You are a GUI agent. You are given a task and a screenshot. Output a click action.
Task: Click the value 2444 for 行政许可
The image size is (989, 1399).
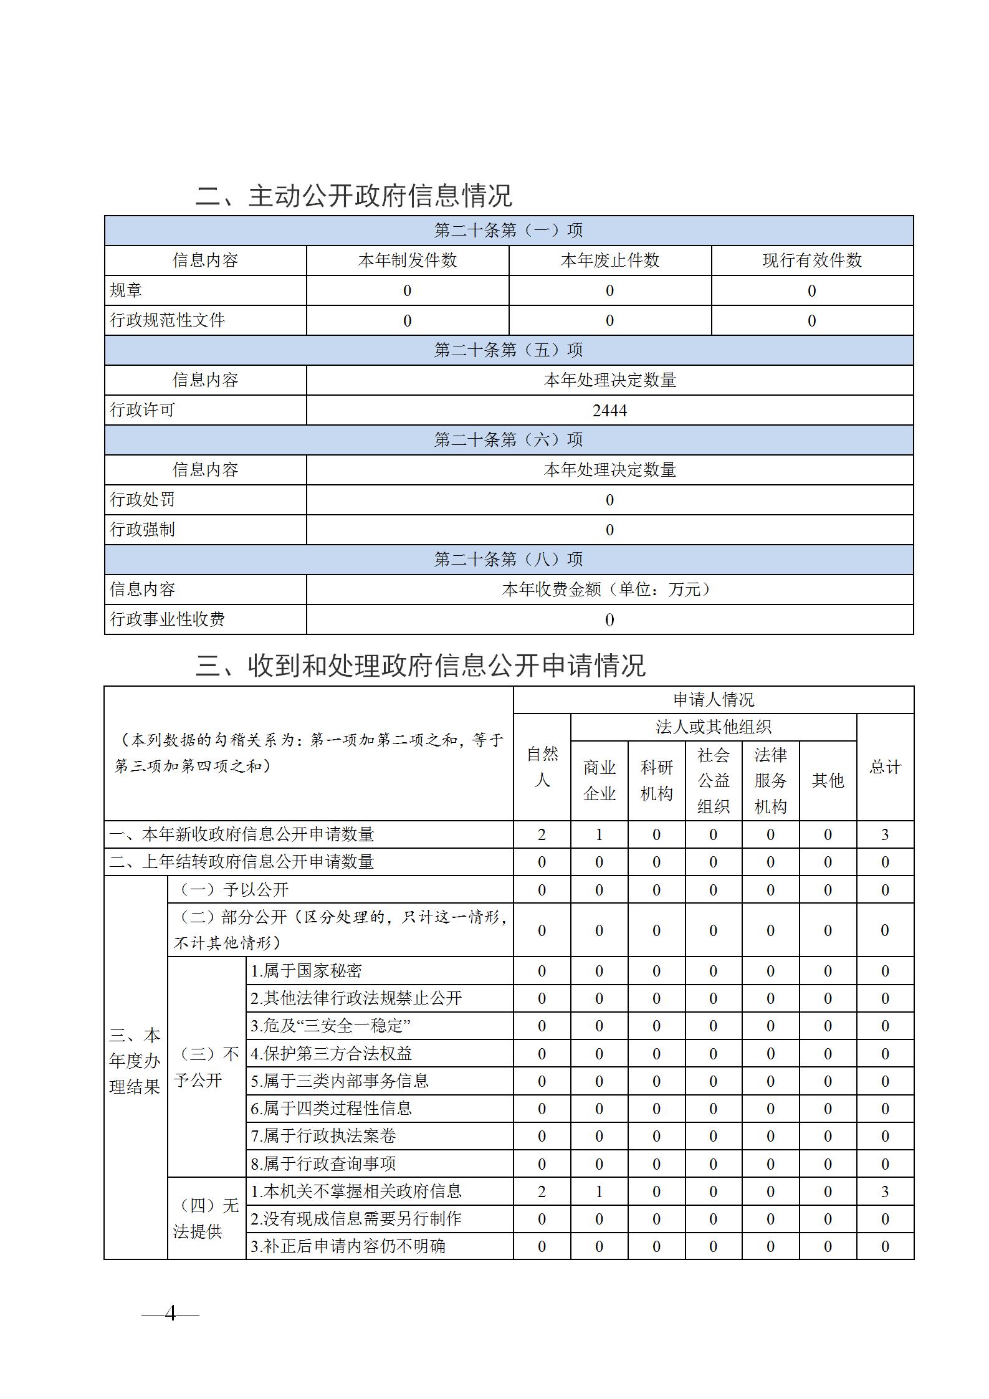609,410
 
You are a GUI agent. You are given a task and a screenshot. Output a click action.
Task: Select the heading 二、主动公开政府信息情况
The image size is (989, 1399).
353,196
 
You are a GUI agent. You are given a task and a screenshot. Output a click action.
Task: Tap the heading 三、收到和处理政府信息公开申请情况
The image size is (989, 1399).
421,666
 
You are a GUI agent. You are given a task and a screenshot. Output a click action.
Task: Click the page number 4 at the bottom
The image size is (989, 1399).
170,1314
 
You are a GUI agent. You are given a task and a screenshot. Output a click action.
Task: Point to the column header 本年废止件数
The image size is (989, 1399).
609,260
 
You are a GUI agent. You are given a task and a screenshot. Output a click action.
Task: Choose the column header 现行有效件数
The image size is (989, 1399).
812,260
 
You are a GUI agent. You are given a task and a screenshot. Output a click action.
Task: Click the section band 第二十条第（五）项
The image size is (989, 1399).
509,350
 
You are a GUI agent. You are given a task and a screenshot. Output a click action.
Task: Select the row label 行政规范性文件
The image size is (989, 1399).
168,320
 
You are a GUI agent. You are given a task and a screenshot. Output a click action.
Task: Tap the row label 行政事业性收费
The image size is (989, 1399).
168,619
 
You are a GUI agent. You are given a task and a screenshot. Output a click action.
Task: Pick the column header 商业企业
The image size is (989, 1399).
599,780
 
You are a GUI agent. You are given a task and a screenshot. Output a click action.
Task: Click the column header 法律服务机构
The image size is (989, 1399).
770,780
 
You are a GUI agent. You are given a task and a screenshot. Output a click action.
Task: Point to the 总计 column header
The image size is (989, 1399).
885,767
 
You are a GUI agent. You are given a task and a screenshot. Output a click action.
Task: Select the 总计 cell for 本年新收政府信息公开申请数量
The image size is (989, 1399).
885,834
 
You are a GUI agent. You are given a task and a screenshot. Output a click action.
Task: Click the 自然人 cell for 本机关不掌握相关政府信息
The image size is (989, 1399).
542,1191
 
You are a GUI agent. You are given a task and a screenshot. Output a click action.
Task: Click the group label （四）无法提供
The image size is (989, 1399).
206,1218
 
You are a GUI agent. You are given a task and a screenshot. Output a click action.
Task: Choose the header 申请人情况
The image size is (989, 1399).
714,700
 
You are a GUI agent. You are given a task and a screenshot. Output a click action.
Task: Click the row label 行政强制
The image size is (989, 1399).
143,530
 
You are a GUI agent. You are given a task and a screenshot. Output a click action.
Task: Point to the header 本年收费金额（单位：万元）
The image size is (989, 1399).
609,589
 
